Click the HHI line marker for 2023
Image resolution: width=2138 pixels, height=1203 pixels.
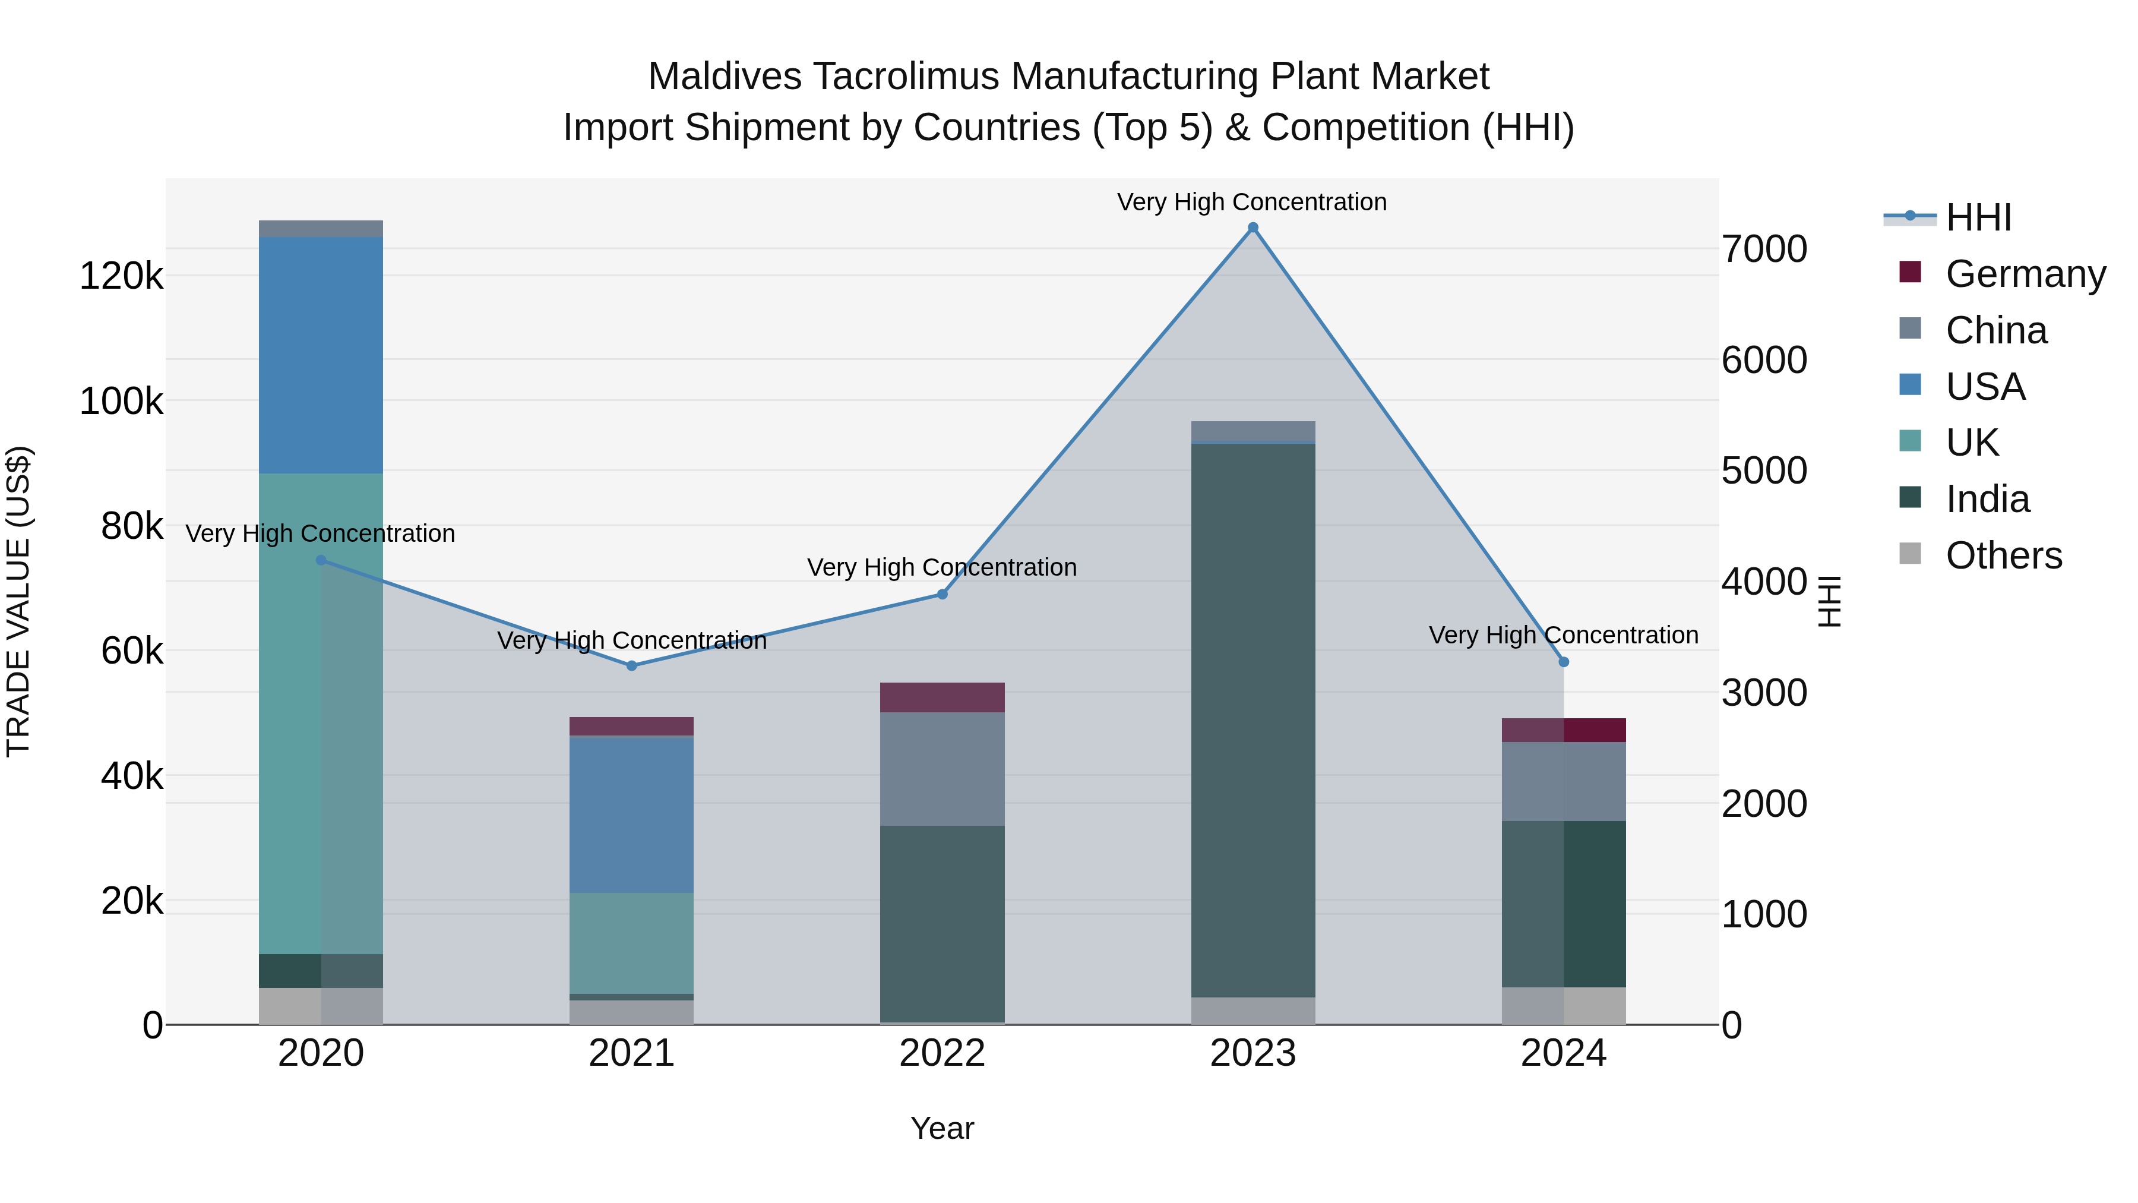coord(1253,228)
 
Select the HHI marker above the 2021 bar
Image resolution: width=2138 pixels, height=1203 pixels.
coord(632,666)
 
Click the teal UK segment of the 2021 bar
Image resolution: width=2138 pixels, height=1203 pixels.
coord(632,943)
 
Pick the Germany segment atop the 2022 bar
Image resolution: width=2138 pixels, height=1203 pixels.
coord(942,697)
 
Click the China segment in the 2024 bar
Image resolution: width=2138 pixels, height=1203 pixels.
coord(1564,781)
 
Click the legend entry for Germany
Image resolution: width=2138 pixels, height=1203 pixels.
coord(2025,274)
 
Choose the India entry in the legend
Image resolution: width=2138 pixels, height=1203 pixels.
coord(1987,499)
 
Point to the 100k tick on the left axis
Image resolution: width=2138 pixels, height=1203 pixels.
coord(121,402)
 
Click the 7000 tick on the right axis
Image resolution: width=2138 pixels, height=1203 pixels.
coord(1764,249)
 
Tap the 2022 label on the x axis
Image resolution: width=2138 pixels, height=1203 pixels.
coord(942,1053)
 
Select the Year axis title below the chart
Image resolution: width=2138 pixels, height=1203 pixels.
coord(942,1128)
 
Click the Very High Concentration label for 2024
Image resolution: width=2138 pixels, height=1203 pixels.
coord(1563,635)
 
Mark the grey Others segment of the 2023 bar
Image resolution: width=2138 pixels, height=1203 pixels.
coord(1253,1011)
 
